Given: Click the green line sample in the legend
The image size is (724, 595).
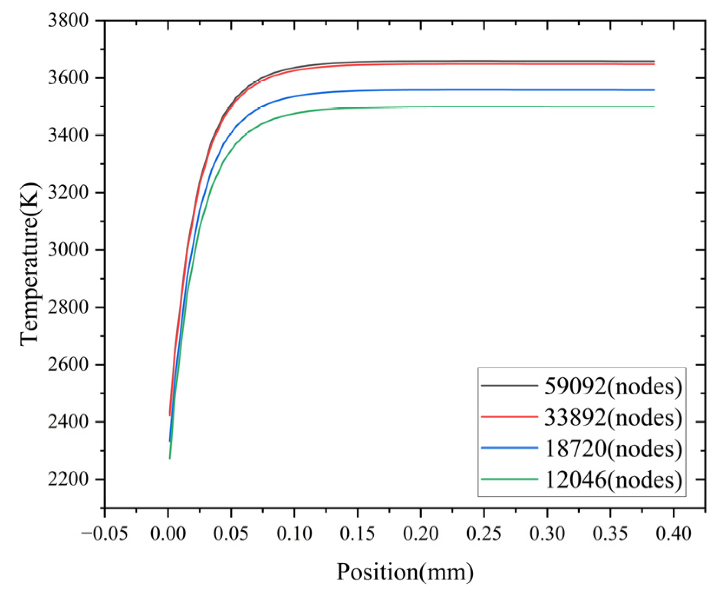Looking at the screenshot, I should point(510,479).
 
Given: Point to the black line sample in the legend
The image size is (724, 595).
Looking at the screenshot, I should point(510,385).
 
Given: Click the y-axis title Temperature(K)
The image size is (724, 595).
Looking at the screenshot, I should point(30,265).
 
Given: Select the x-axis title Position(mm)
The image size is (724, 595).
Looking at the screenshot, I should point(405,572).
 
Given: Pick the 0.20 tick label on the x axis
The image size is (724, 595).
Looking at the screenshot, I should point(421,534).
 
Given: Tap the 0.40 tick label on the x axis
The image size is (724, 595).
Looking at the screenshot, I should point(673,534).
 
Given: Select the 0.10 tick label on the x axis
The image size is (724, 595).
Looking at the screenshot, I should point(294,534).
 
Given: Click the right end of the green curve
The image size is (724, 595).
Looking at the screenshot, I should point(654,107).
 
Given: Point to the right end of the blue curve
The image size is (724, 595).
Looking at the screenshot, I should point(654,90).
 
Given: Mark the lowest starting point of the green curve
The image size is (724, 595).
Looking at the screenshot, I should point(170,458).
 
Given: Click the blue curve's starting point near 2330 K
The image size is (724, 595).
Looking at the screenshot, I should point(170,441).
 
